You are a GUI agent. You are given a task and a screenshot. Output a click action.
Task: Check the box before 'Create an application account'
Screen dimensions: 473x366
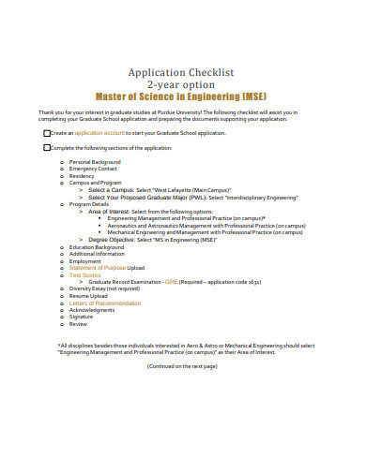tap(47, 133)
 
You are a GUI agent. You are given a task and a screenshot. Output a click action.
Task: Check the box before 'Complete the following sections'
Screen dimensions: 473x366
tap(47, 148)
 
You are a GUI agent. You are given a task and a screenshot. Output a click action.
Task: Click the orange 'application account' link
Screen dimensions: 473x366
tap(100, 133)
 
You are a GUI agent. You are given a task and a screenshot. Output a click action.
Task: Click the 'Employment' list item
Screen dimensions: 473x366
tap(84, 261)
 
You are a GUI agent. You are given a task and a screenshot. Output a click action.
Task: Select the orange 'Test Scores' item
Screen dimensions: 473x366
tap(84, 274)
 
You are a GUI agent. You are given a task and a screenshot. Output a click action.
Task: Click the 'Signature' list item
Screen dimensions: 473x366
tap(82, 317)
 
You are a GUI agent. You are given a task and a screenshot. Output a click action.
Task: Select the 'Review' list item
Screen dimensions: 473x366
tap(78, 323)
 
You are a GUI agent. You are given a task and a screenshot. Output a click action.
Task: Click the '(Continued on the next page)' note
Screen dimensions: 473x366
tap(182, 366)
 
